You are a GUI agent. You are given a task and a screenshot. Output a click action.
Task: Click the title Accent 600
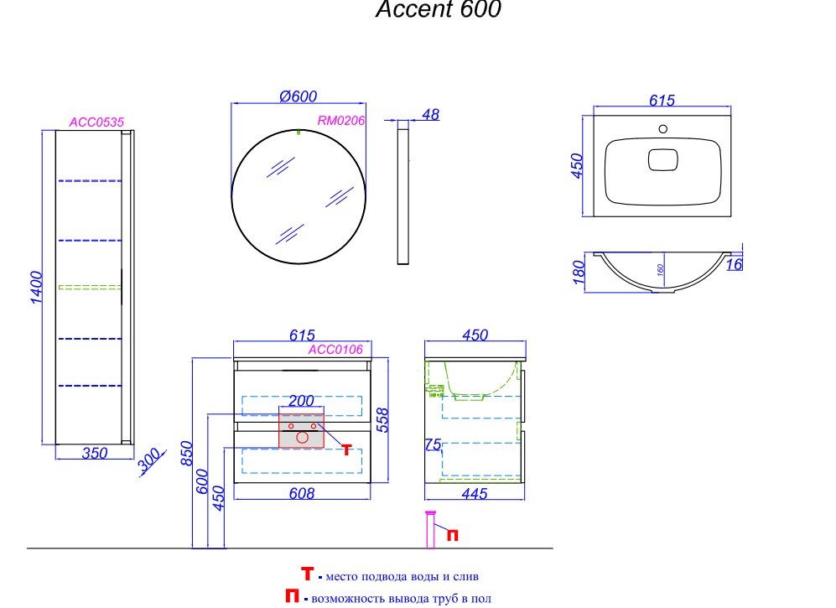(438, 10)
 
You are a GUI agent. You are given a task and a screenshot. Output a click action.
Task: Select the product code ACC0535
(96, 122)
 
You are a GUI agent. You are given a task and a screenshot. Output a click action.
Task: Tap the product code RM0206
(341, 121)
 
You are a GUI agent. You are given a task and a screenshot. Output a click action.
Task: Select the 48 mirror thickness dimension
(430, 115)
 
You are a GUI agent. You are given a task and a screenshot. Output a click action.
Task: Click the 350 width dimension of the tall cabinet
(95, 453)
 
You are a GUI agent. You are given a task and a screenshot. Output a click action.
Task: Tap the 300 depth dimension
(150, 461)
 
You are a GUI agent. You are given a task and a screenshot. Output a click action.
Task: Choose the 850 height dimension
(189, 454)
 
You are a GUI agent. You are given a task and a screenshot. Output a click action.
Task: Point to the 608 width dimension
(302, 494)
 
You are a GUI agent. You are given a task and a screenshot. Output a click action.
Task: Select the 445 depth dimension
(474, 495)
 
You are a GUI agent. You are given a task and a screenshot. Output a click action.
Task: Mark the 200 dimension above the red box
(302, 402)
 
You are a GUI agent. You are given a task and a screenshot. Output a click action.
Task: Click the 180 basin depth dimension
(576, 273)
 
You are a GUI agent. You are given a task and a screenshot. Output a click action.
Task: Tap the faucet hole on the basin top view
(663, 130)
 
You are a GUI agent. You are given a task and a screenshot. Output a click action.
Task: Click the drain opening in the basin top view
(663, 158)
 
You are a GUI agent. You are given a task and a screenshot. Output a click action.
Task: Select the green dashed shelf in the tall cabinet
(90, 287)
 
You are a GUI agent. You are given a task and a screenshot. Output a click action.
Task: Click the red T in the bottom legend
(307, 574)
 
